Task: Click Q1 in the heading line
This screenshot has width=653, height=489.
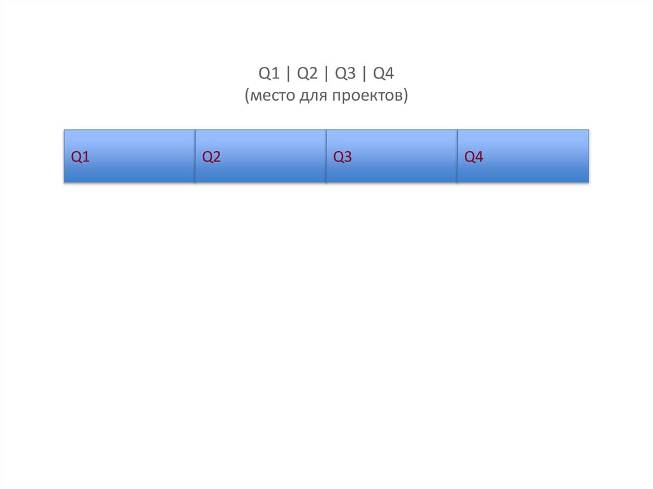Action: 268,74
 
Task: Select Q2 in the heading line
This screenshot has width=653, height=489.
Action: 307,74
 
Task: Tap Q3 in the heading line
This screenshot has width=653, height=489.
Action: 345,74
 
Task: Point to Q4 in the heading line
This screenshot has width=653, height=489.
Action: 384,74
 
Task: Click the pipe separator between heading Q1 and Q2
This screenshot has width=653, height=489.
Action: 288,74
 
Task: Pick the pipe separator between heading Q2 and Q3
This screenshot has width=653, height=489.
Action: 326,74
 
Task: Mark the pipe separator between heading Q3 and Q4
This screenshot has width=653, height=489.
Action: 365,74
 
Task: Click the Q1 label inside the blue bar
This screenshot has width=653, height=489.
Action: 80,157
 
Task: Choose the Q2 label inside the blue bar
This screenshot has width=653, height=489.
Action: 212,157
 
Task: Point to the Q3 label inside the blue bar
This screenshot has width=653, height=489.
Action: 342,157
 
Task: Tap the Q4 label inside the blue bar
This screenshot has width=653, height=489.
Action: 474,157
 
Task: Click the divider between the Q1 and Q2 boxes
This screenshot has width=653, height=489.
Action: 195,156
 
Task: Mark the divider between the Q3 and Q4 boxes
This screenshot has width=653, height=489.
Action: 457,156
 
